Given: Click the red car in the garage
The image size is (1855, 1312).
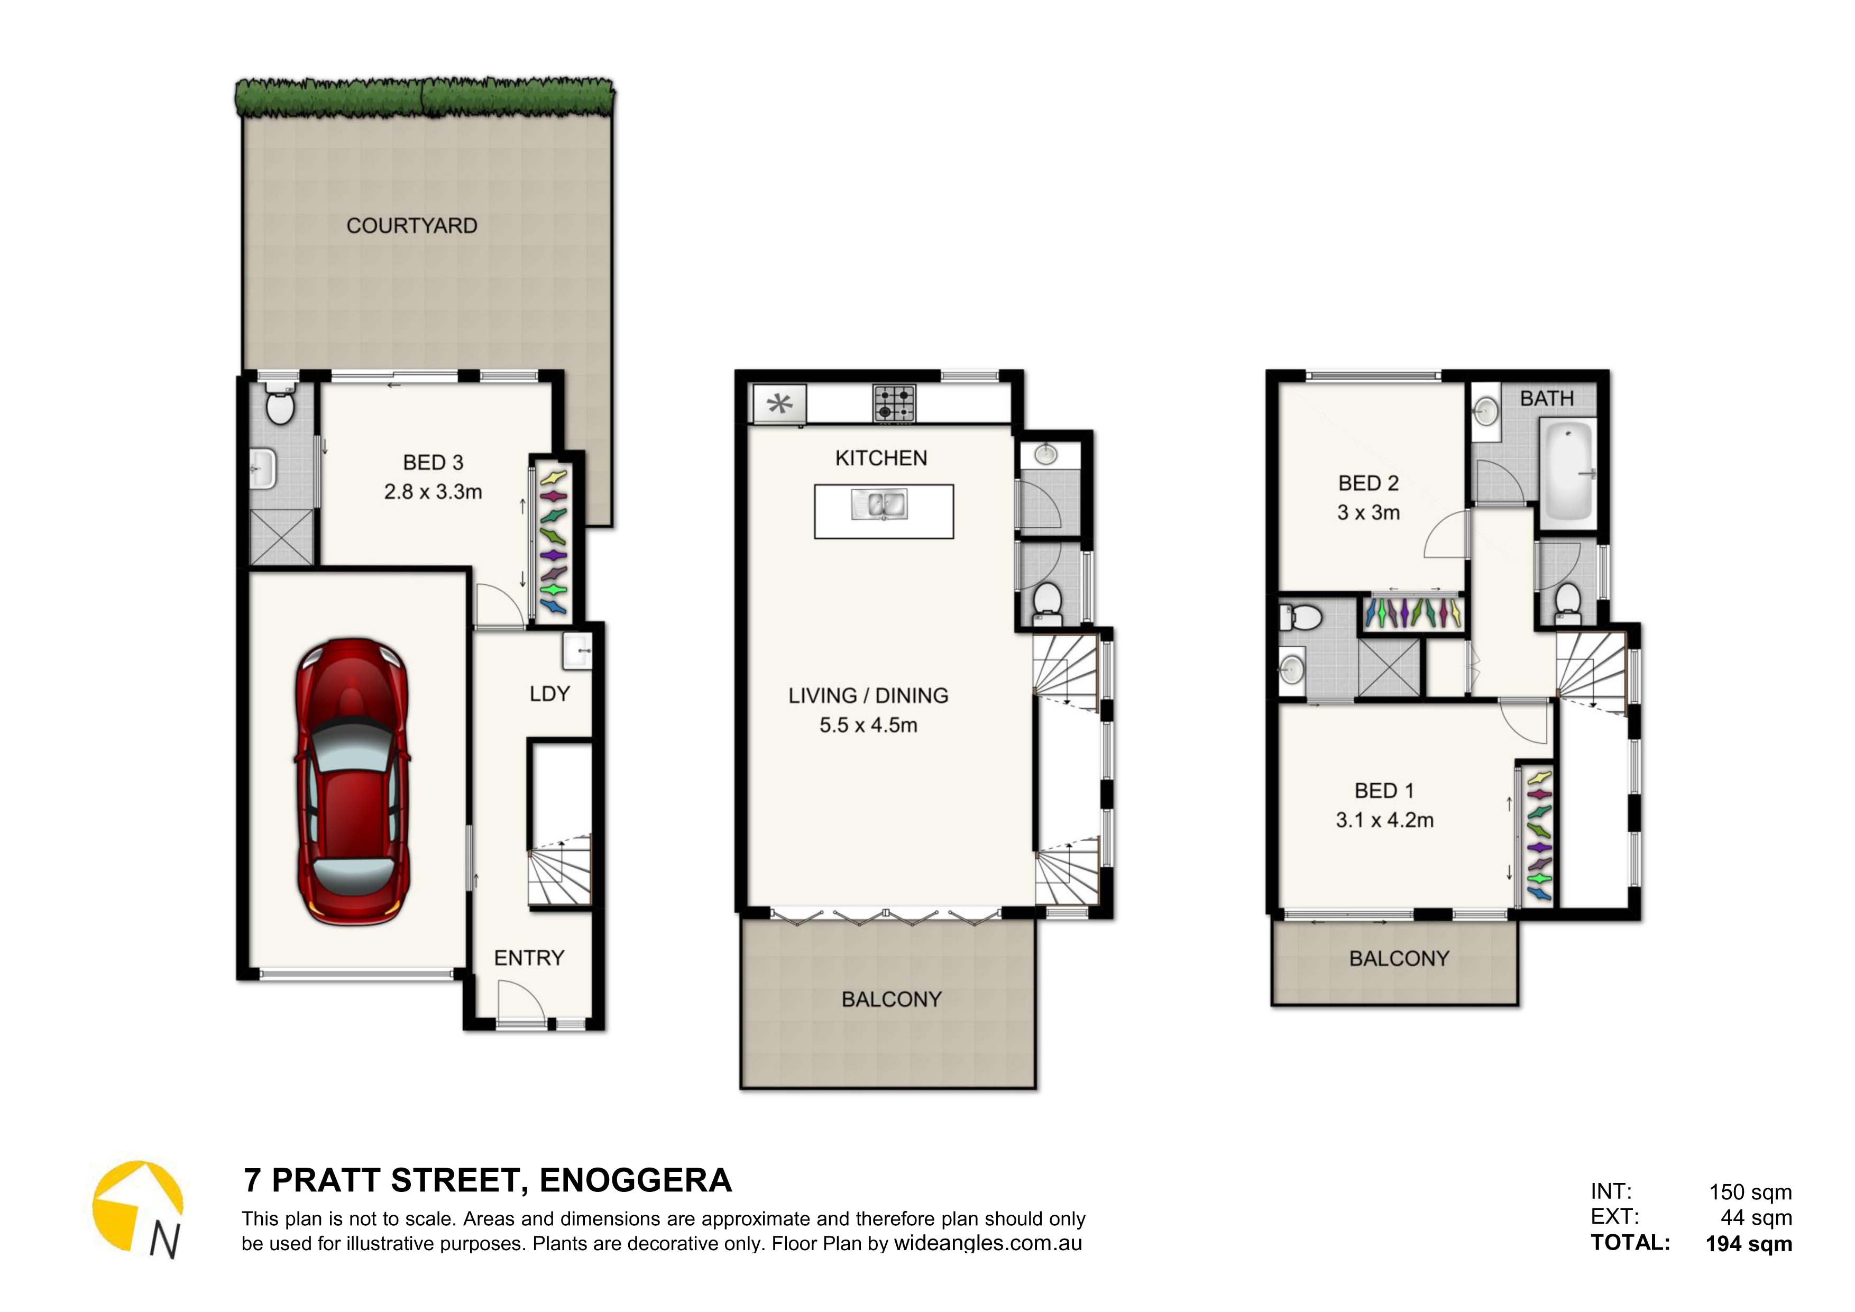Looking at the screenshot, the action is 352,782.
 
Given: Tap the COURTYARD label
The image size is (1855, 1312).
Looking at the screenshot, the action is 412,226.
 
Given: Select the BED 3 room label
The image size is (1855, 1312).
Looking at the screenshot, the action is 433,463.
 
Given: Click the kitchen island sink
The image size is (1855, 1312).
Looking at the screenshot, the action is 880,505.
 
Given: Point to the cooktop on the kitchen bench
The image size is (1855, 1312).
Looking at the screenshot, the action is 894,402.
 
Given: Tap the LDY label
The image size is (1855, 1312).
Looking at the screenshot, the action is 549,694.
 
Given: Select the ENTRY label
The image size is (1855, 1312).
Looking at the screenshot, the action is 529,958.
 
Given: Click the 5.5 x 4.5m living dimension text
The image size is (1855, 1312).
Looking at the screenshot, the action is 868,726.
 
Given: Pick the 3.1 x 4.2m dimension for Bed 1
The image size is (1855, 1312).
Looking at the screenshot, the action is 1385,820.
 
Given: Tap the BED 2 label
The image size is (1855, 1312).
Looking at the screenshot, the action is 1369,483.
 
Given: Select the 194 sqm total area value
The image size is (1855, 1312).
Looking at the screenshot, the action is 1749,1244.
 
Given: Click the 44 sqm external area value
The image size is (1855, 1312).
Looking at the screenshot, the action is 1757,1217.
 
